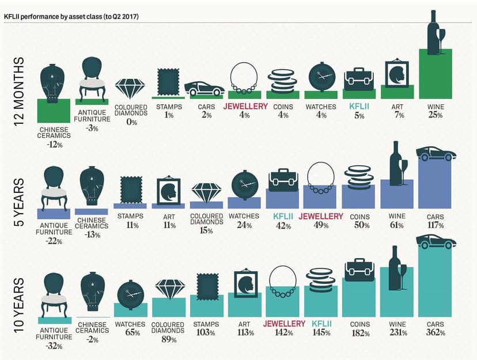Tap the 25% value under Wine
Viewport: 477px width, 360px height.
pos(436,115)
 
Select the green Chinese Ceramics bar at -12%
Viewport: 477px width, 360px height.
pos(53,111)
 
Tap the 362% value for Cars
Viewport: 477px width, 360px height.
pos(436,332)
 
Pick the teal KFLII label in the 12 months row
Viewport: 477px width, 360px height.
pos(359,107)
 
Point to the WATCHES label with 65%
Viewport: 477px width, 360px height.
pos(130,324)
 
